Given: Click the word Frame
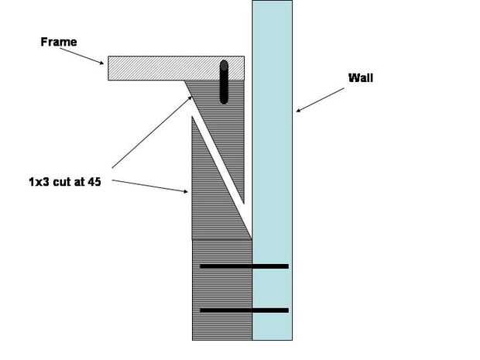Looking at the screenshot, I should tap(58, 42).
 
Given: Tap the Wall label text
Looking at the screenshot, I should tap(362, 77).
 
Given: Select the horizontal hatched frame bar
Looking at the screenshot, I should tap(163, 68).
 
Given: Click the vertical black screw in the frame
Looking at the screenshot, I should tap(225, 81).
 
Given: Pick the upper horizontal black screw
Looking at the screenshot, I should tap(244, 266).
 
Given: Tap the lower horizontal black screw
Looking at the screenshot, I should tap(244, 310).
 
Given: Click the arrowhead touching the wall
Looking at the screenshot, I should tap(297, 111).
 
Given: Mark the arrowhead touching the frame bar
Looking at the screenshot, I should tap(104, 63).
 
